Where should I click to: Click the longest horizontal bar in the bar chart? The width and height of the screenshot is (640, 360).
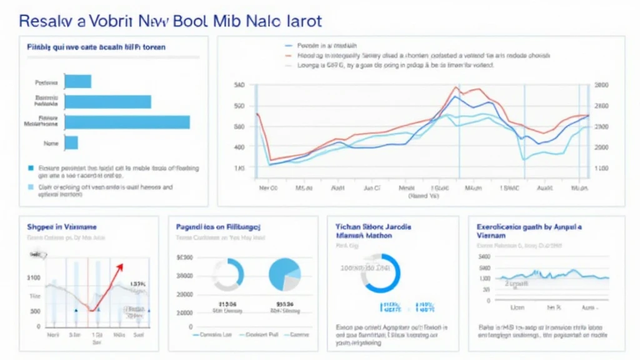tap(127, 122)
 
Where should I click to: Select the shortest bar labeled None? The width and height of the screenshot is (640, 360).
tap(71, 143)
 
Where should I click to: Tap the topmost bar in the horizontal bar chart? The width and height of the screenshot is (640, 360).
tap(78, 81)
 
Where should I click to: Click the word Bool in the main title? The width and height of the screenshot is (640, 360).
tap(187, 21)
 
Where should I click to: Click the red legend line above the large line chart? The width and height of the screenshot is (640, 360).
tap(288, 55)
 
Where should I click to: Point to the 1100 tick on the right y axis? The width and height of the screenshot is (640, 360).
tap(601, 169)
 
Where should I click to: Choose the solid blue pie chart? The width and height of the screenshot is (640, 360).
tap(285, 274)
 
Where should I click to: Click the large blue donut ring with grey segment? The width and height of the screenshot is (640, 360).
tap(381, 273)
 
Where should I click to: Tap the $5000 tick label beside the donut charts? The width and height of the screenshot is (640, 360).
tap(186, 257)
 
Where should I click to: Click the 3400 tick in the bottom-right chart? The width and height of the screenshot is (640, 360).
tap(484, 256)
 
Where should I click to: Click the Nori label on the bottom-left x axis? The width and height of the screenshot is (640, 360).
tap(53, 334)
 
